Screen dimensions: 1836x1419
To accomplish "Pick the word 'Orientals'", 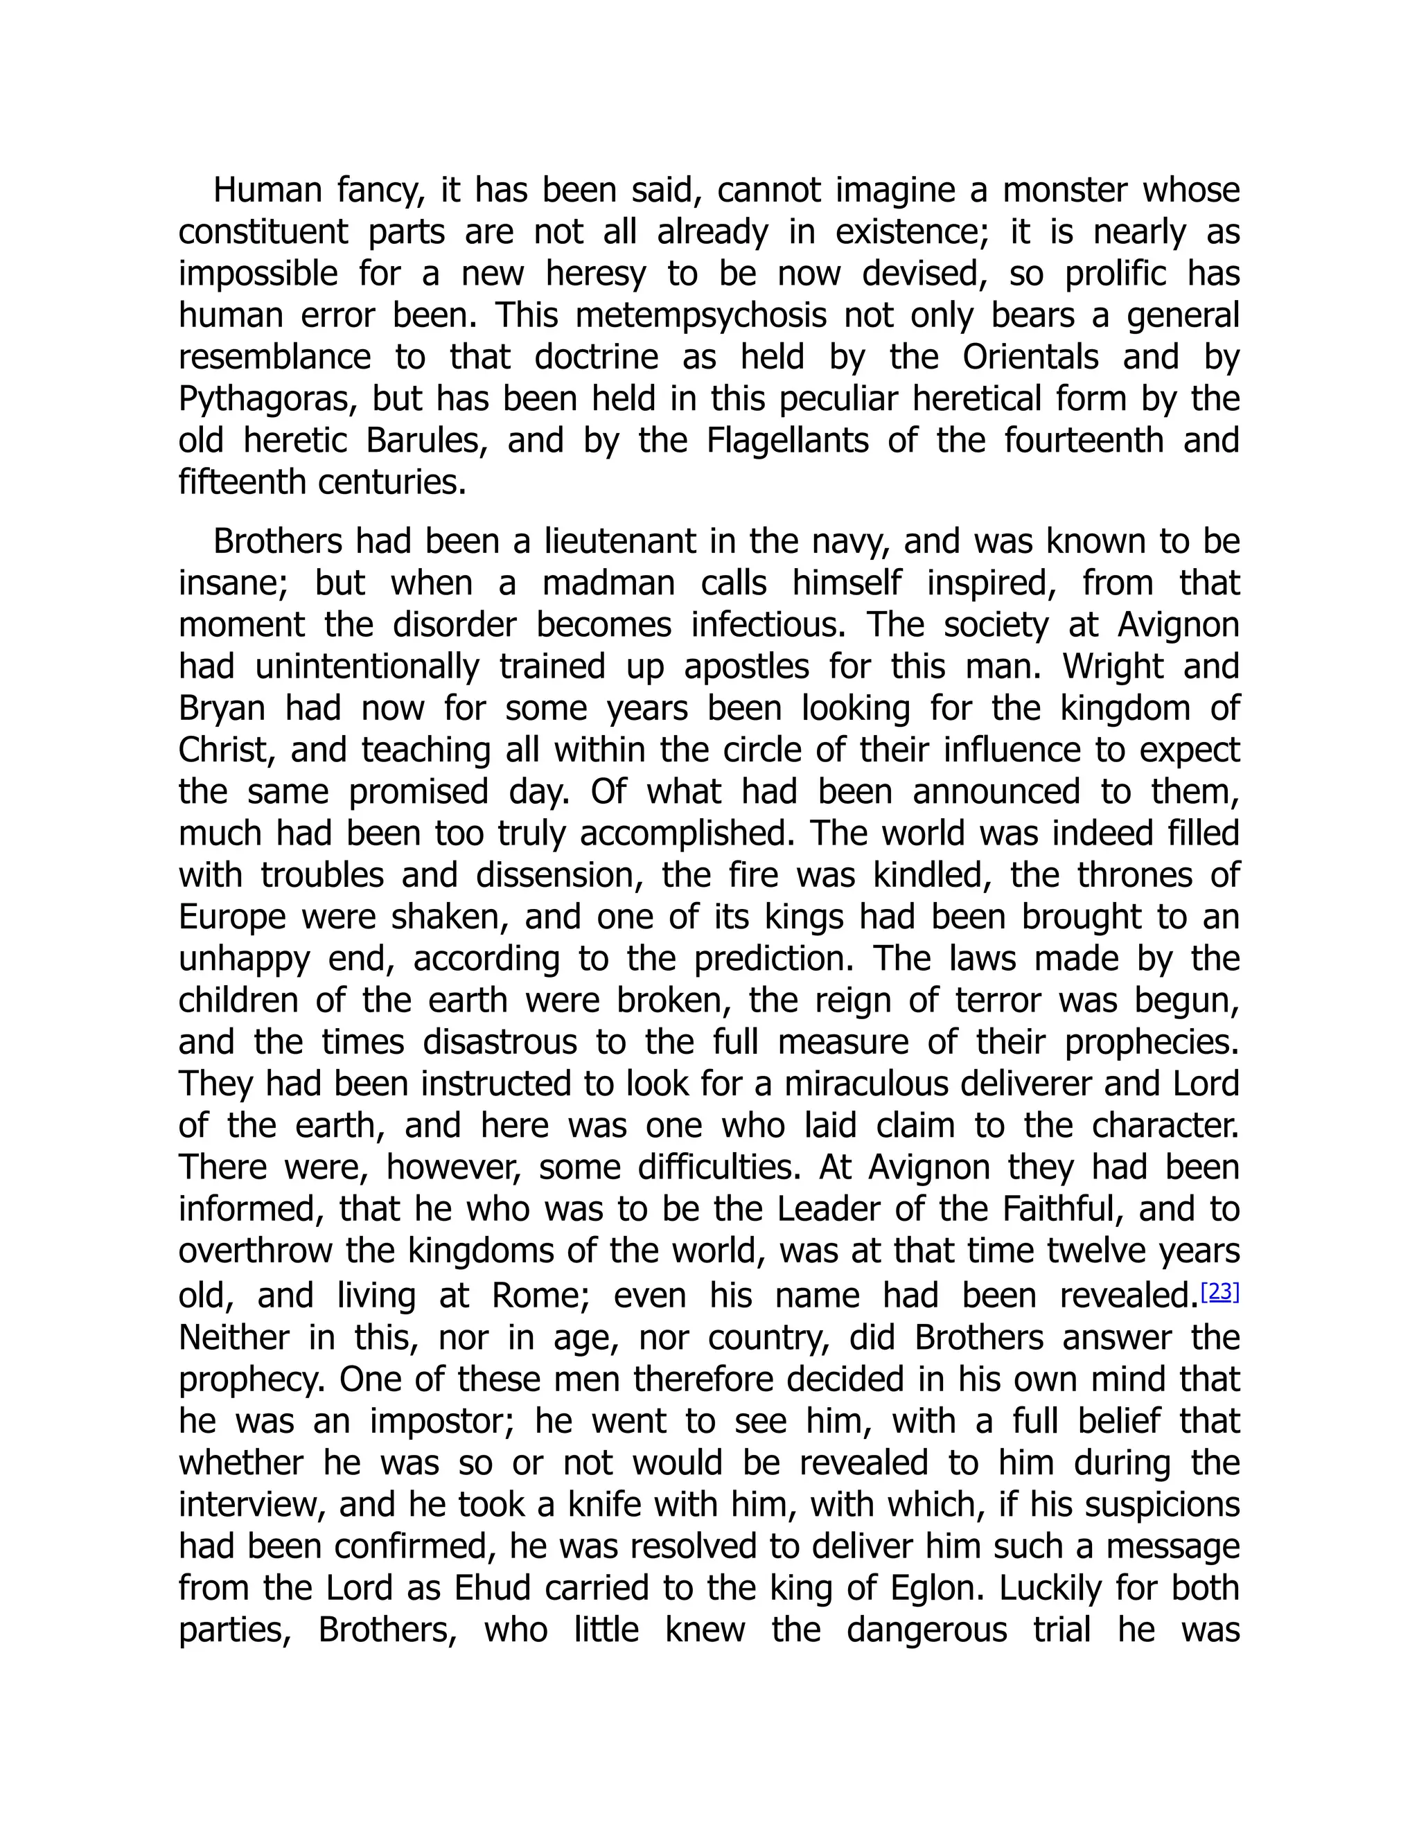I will coord(1030,358).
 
